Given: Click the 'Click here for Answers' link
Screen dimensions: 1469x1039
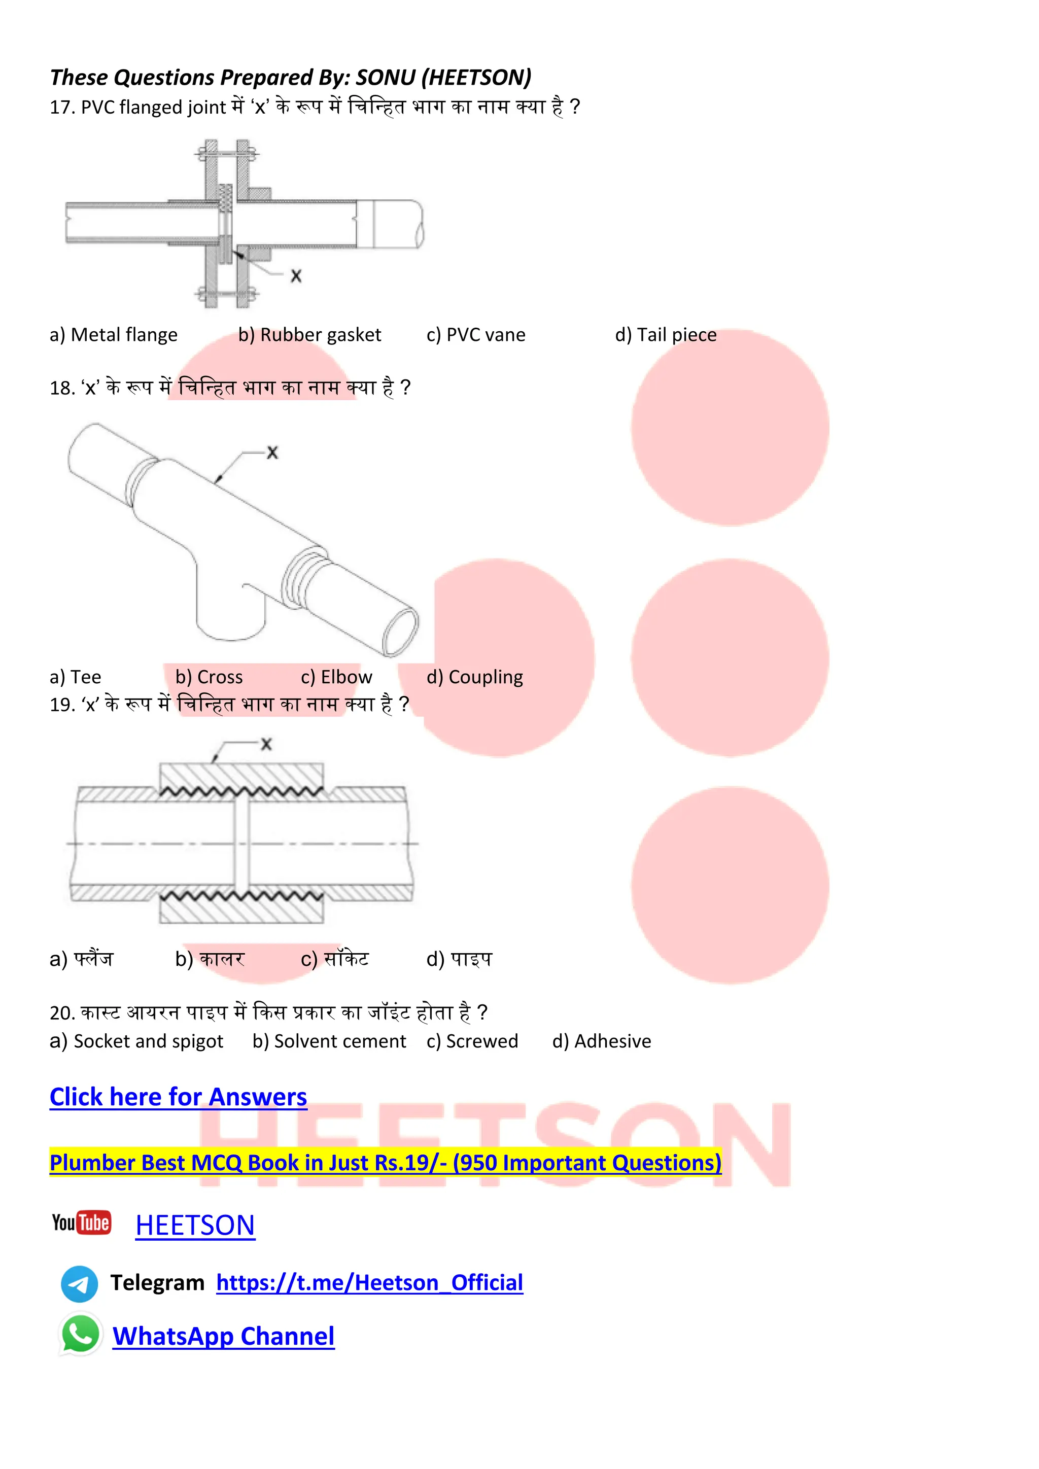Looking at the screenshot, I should click(178, 1097).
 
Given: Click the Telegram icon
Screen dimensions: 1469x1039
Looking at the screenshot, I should click(79, 1283).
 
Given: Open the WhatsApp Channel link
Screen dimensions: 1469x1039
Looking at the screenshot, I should click(223, 1336).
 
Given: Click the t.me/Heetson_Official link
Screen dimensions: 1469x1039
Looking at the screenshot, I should click(369, 1283).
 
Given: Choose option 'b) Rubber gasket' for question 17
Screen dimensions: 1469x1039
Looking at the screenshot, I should click(309, 335).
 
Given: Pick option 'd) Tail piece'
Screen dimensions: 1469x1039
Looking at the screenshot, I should click(666, 335).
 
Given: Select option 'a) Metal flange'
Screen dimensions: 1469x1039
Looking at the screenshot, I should click(113, 335).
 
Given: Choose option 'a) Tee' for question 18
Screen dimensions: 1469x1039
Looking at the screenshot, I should click(76, 677).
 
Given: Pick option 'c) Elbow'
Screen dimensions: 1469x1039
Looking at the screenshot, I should click(336, 677).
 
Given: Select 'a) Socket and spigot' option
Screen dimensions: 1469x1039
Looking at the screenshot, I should click(136, 1041).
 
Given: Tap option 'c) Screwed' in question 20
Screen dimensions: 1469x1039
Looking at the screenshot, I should click(472, 1041).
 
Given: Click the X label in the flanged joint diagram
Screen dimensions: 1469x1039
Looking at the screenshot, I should click(296, 276).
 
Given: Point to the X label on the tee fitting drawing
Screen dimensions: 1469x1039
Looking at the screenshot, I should click(272, 452).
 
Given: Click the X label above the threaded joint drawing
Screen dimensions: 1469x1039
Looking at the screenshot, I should click(266, 744).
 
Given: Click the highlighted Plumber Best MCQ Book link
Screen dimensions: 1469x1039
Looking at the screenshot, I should click(385, 1162).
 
